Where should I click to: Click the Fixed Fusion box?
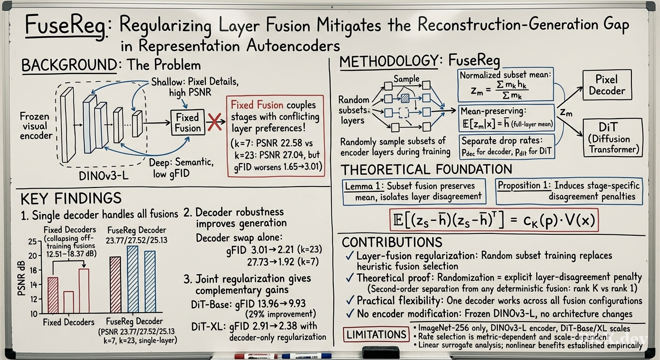[188, 122]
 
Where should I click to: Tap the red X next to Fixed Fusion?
[215, 122]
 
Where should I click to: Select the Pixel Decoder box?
[607, 85]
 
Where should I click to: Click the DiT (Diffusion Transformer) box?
[613, 137]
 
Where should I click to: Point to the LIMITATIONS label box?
[376, 334]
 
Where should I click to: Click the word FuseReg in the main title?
[66, 26]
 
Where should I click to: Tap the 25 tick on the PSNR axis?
[32, 242]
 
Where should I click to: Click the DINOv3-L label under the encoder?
[104, 176]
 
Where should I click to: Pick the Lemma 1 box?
[414, 191]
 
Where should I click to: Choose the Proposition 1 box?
[569, 191]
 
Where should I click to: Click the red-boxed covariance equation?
[494, 220]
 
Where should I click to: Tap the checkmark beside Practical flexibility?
[350, 300]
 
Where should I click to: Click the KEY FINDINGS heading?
[71, 198]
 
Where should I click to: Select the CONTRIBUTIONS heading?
[392, 242]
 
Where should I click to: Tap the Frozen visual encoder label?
[36, 126]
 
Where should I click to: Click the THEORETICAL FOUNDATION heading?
[427, 170]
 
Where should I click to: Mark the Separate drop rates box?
[507, 146]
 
